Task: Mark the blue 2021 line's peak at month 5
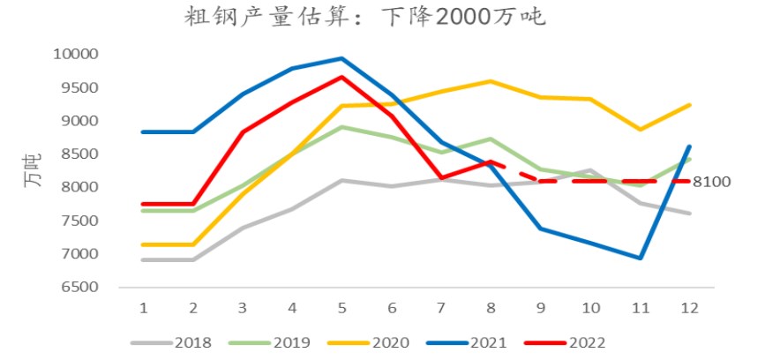click(341, 59)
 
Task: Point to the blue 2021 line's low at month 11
click(640, 259)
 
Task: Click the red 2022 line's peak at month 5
click(341, 77)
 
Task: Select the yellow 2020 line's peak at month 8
click(491, 81)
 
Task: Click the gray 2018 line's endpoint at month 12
click(689, 214)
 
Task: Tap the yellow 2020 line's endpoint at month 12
click(689, 105)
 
